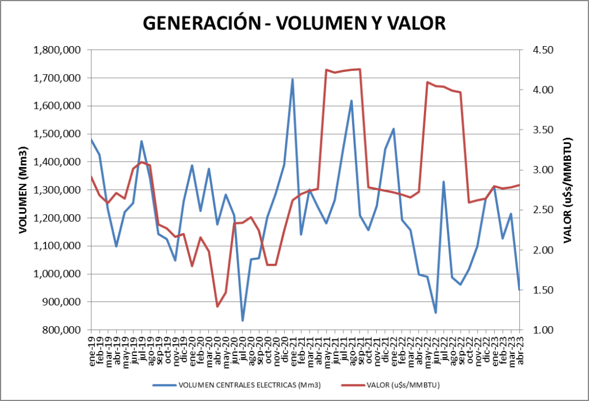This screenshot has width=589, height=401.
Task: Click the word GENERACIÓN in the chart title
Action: tap(195, 23)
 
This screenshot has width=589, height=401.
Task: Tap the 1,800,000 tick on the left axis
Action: tap(57, 50)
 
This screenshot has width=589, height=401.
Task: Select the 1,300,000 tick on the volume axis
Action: tap(57, 190)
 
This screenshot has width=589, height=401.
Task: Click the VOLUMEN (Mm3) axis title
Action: tap(24, 190)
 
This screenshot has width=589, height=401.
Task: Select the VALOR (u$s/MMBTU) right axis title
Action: tap(568, 190)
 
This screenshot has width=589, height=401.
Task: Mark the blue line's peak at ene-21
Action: tap(292, 80)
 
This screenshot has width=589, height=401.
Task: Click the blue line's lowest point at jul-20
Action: tap(242, 320)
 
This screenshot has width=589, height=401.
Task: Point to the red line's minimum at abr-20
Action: tap(217, 307)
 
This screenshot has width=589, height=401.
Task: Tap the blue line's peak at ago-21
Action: tap(351, 101)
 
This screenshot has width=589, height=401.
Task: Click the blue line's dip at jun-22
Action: tap(435, 313)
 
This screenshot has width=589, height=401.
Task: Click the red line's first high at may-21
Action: tap(326, 70)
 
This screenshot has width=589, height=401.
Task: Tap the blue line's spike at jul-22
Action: tap(443, 182)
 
